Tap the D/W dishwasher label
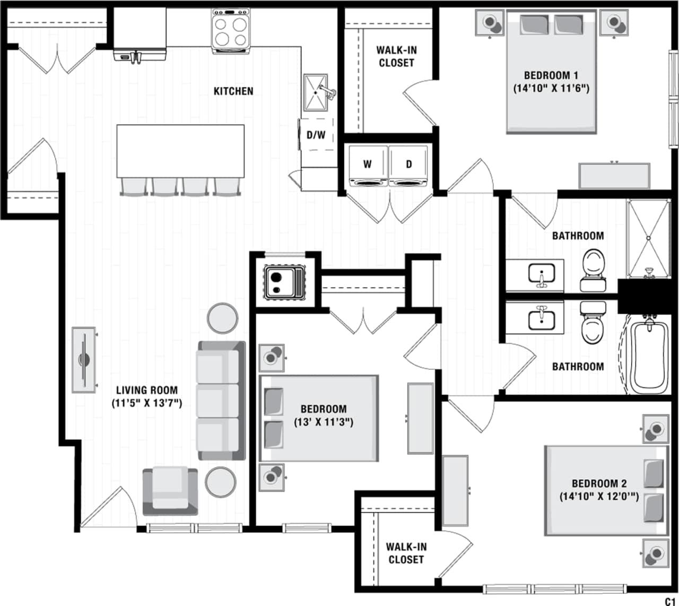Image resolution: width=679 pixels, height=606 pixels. coord(316,135)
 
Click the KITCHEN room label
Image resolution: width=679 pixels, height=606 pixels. coord(233,91)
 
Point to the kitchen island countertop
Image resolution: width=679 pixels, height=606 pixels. coord(180,151)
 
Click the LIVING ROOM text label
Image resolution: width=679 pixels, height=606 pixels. coord(147,390)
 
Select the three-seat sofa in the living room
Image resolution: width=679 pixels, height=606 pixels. coord(221,401)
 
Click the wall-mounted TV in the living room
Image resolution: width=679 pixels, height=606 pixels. coord(84,360)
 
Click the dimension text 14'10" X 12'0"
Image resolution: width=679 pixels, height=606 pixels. coord(599,497)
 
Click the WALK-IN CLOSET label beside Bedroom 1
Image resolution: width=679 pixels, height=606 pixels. coord(396,56)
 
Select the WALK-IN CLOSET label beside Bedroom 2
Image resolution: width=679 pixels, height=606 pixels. coord(406,553)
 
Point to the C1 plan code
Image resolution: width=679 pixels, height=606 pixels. coord(670,600)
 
